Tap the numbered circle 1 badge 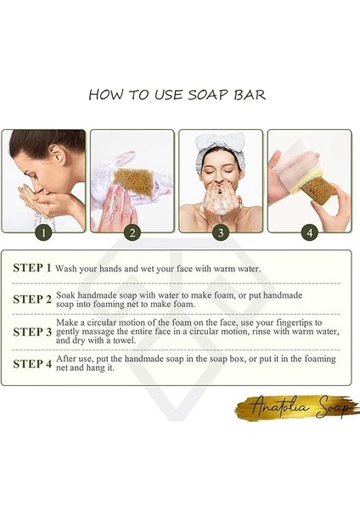click(x=42, y=232)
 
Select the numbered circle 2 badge click(x=131, y=232)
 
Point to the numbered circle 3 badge click(x=220, y=232)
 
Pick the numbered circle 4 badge click(x=309, y=232)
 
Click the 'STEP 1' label click(x=32, y=268)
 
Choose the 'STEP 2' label click(x=32, y=299)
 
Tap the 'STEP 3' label click(x=32, y=333)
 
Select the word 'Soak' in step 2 click(x=72, y=294)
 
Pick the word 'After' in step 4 click(x=73, y=360)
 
